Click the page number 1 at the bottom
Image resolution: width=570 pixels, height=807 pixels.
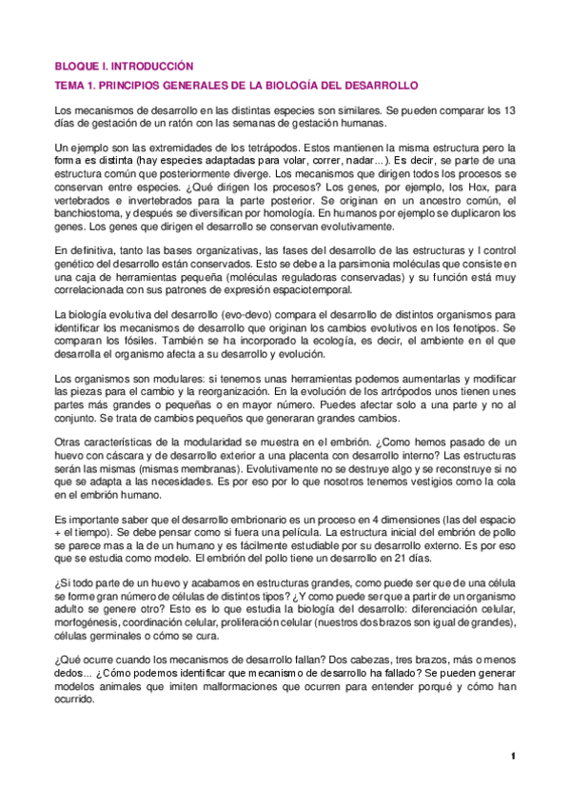512,756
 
